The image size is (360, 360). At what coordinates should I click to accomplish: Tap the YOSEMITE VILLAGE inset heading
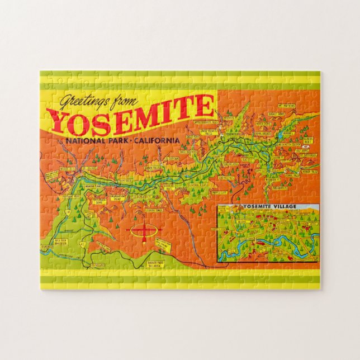tap(269, 206)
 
